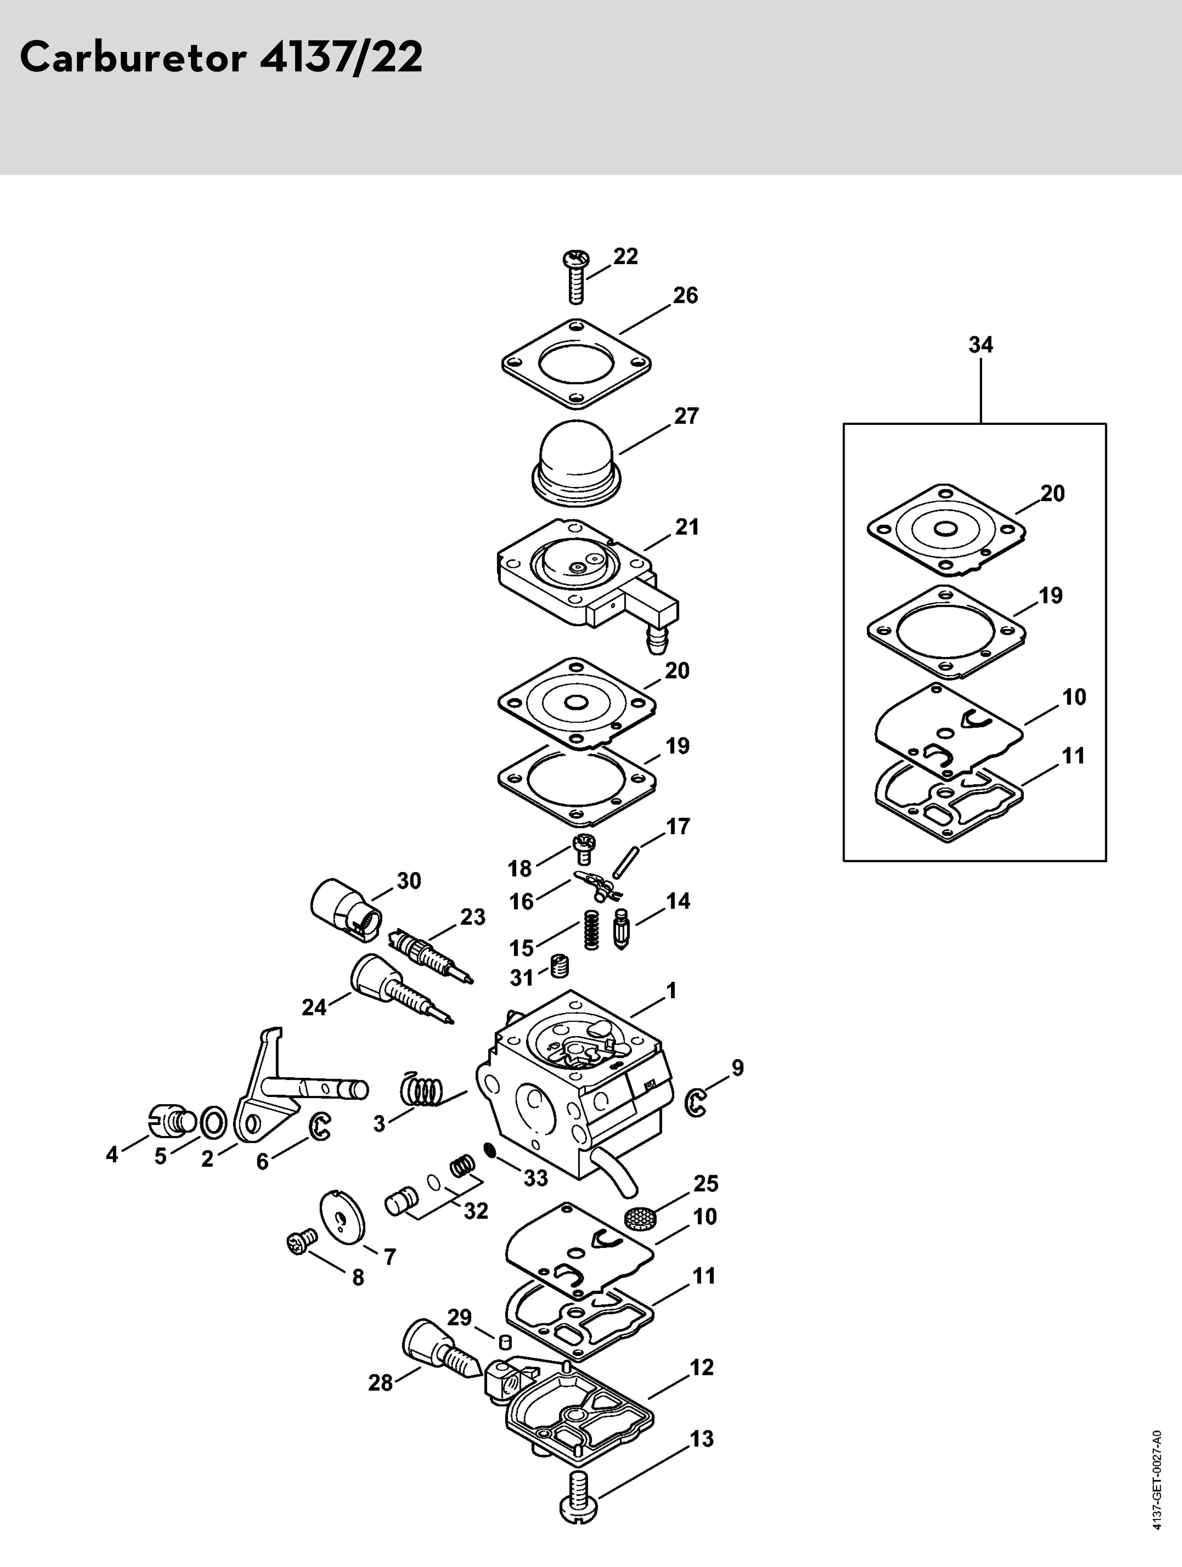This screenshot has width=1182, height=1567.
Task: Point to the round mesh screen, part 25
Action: (x=641, y=1219)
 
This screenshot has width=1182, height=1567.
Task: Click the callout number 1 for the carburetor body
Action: (x=671, y=990)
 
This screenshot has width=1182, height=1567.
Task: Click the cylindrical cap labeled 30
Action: (x=346, y=910)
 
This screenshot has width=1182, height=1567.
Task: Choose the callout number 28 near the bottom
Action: (x=381, y=1382)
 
